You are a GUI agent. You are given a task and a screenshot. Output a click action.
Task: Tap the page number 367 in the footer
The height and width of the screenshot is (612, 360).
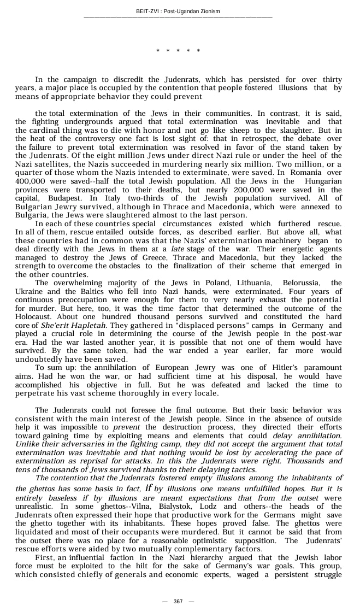click(x=178, y=601)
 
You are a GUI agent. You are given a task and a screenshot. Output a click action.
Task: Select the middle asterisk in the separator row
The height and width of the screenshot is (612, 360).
click(x=178, y=51)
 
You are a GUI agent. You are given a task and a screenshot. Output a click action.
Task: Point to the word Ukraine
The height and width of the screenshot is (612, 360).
click(x=31, y=291)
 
